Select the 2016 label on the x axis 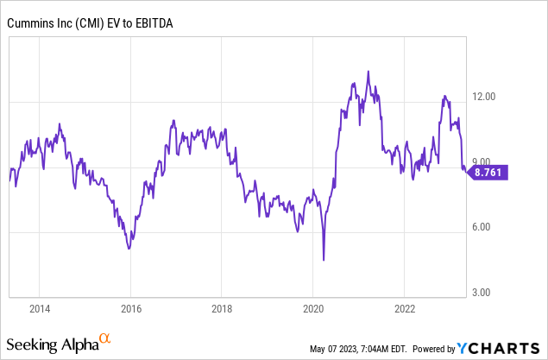click(x=131, y=307)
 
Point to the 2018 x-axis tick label click(x=223, y=307)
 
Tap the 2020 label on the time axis click(x=314, y=307)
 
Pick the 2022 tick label click(x=406, y=307)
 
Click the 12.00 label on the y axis click(x=488, y=97)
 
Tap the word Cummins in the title click(x=29, y=22)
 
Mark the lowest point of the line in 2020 click(x=324, y=260)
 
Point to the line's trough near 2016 click(x=129, y=249)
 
